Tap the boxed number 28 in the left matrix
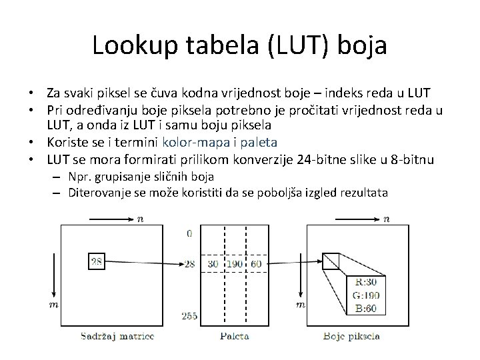(97, 262)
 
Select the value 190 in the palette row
(235, 264)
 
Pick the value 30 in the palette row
(212, 264)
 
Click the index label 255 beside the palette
(189, 315)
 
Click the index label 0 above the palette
(190, 233)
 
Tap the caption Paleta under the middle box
(234, 335)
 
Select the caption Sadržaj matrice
(117, 335)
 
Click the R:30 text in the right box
(367, 282)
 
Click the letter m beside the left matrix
(52, 304)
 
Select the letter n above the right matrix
(387, 217)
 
